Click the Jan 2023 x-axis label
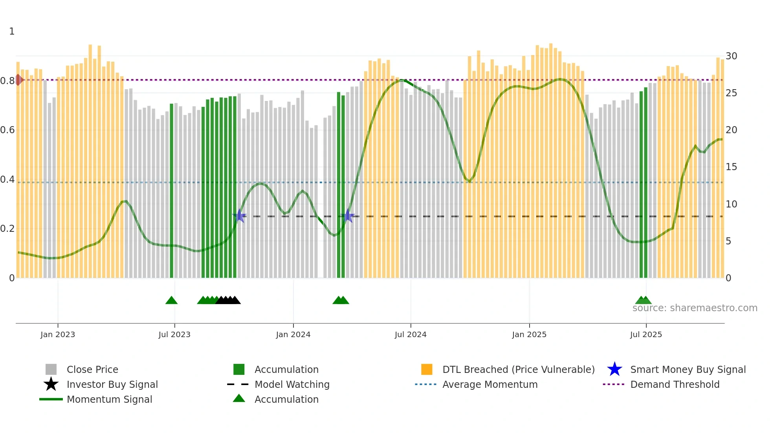[57, 334]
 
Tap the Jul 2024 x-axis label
[411, 334]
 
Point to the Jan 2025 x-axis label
[529, 334]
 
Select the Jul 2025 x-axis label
[646, 334]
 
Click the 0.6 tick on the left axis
[7, 130]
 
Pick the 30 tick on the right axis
[731, 56]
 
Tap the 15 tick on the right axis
[731, 167]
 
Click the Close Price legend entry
[92, 369]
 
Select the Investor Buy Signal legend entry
[112, 384]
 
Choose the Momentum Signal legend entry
[109, 399]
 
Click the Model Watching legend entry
[292, 384]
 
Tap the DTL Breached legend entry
[518, 369]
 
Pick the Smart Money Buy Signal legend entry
[687, 369]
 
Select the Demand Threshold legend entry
[675, 384]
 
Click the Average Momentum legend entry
[490, 384]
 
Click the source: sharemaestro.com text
[695, 308]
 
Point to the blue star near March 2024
[348, 216]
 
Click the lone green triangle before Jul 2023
[171, 301]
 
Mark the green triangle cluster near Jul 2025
[643, 301]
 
